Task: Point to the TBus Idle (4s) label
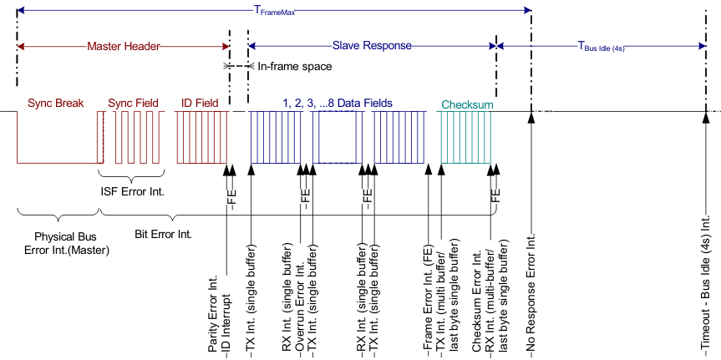[602, 48]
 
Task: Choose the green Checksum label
[467, 105]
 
